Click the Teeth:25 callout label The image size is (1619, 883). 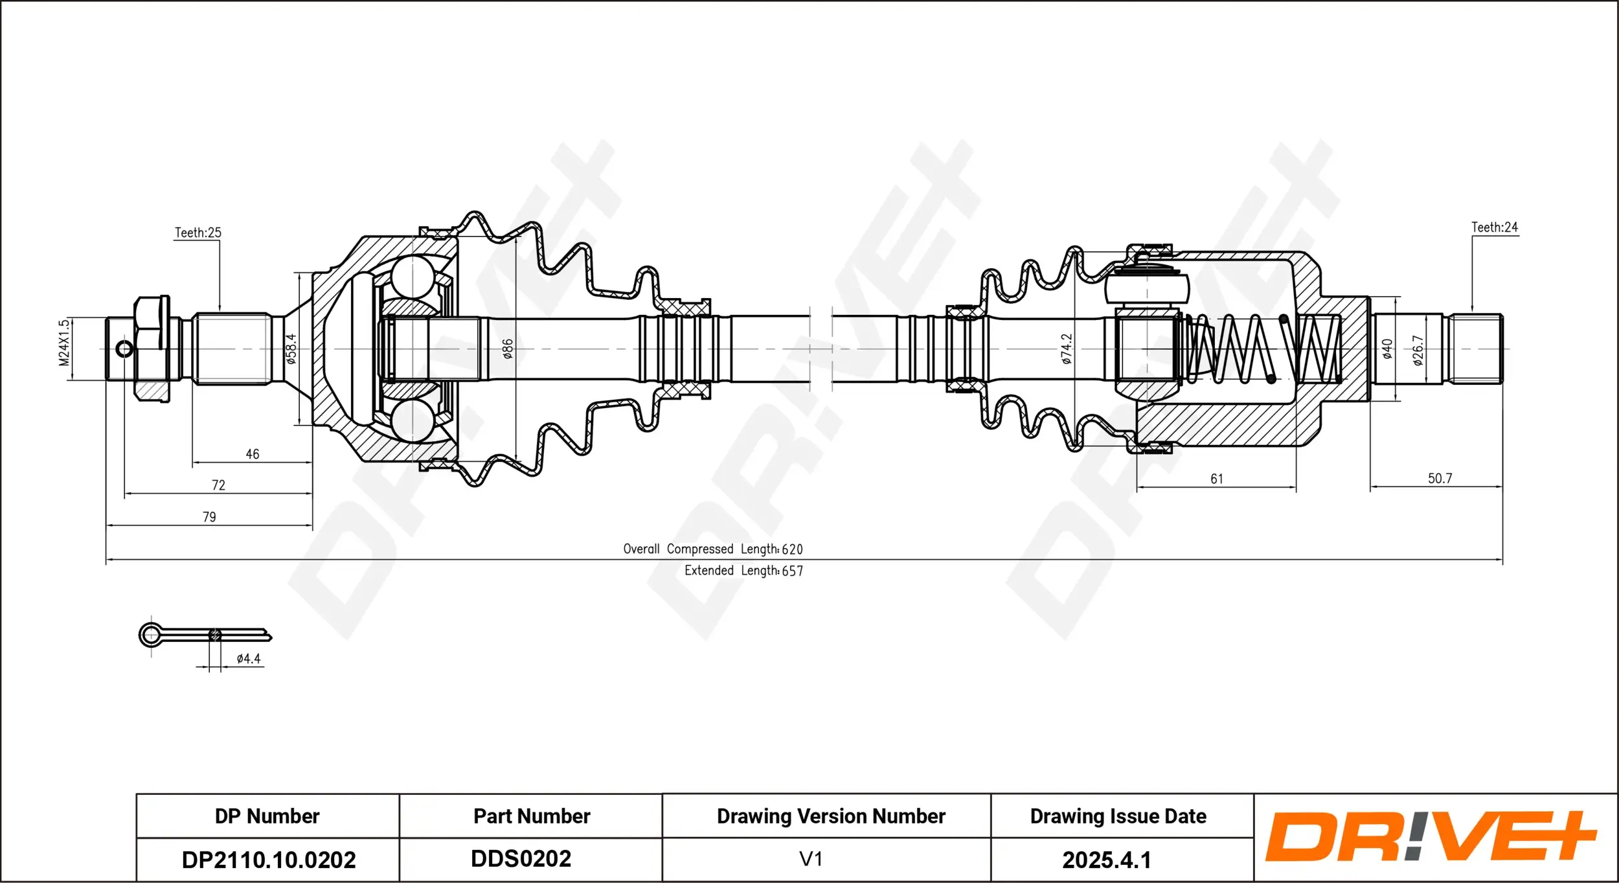click(198, 233)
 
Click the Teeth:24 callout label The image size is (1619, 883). click(1495, 227)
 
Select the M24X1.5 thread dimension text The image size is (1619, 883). click(63, 343)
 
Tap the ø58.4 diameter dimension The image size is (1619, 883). click(291, 349)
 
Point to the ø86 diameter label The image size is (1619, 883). click(508, 349)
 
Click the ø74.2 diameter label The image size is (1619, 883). click(1067, 349)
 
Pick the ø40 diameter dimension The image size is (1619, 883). click(1387, 349)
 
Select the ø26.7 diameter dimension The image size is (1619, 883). click(1418, 350)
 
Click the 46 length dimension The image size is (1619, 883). click(253, 455)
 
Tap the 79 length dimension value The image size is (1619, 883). click(209, 517)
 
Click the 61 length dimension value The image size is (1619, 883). click(1217, 479)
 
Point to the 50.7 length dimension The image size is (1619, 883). click(1440, 479)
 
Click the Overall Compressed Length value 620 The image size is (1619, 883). click(792, 549)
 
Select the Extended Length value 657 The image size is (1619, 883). click(793, 571)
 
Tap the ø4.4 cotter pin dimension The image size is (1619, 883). click(249, 659)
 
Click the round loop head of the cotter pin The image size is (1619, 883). click(152, 635)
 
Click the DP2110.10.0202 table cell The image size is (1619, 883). click(269, 860)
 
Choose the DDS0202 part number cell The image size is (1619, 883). click(521, 858)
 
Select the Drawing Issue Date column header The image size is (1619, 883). click(1118, 816)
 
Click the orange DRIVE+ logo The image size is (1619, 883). click(1431, 836)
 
